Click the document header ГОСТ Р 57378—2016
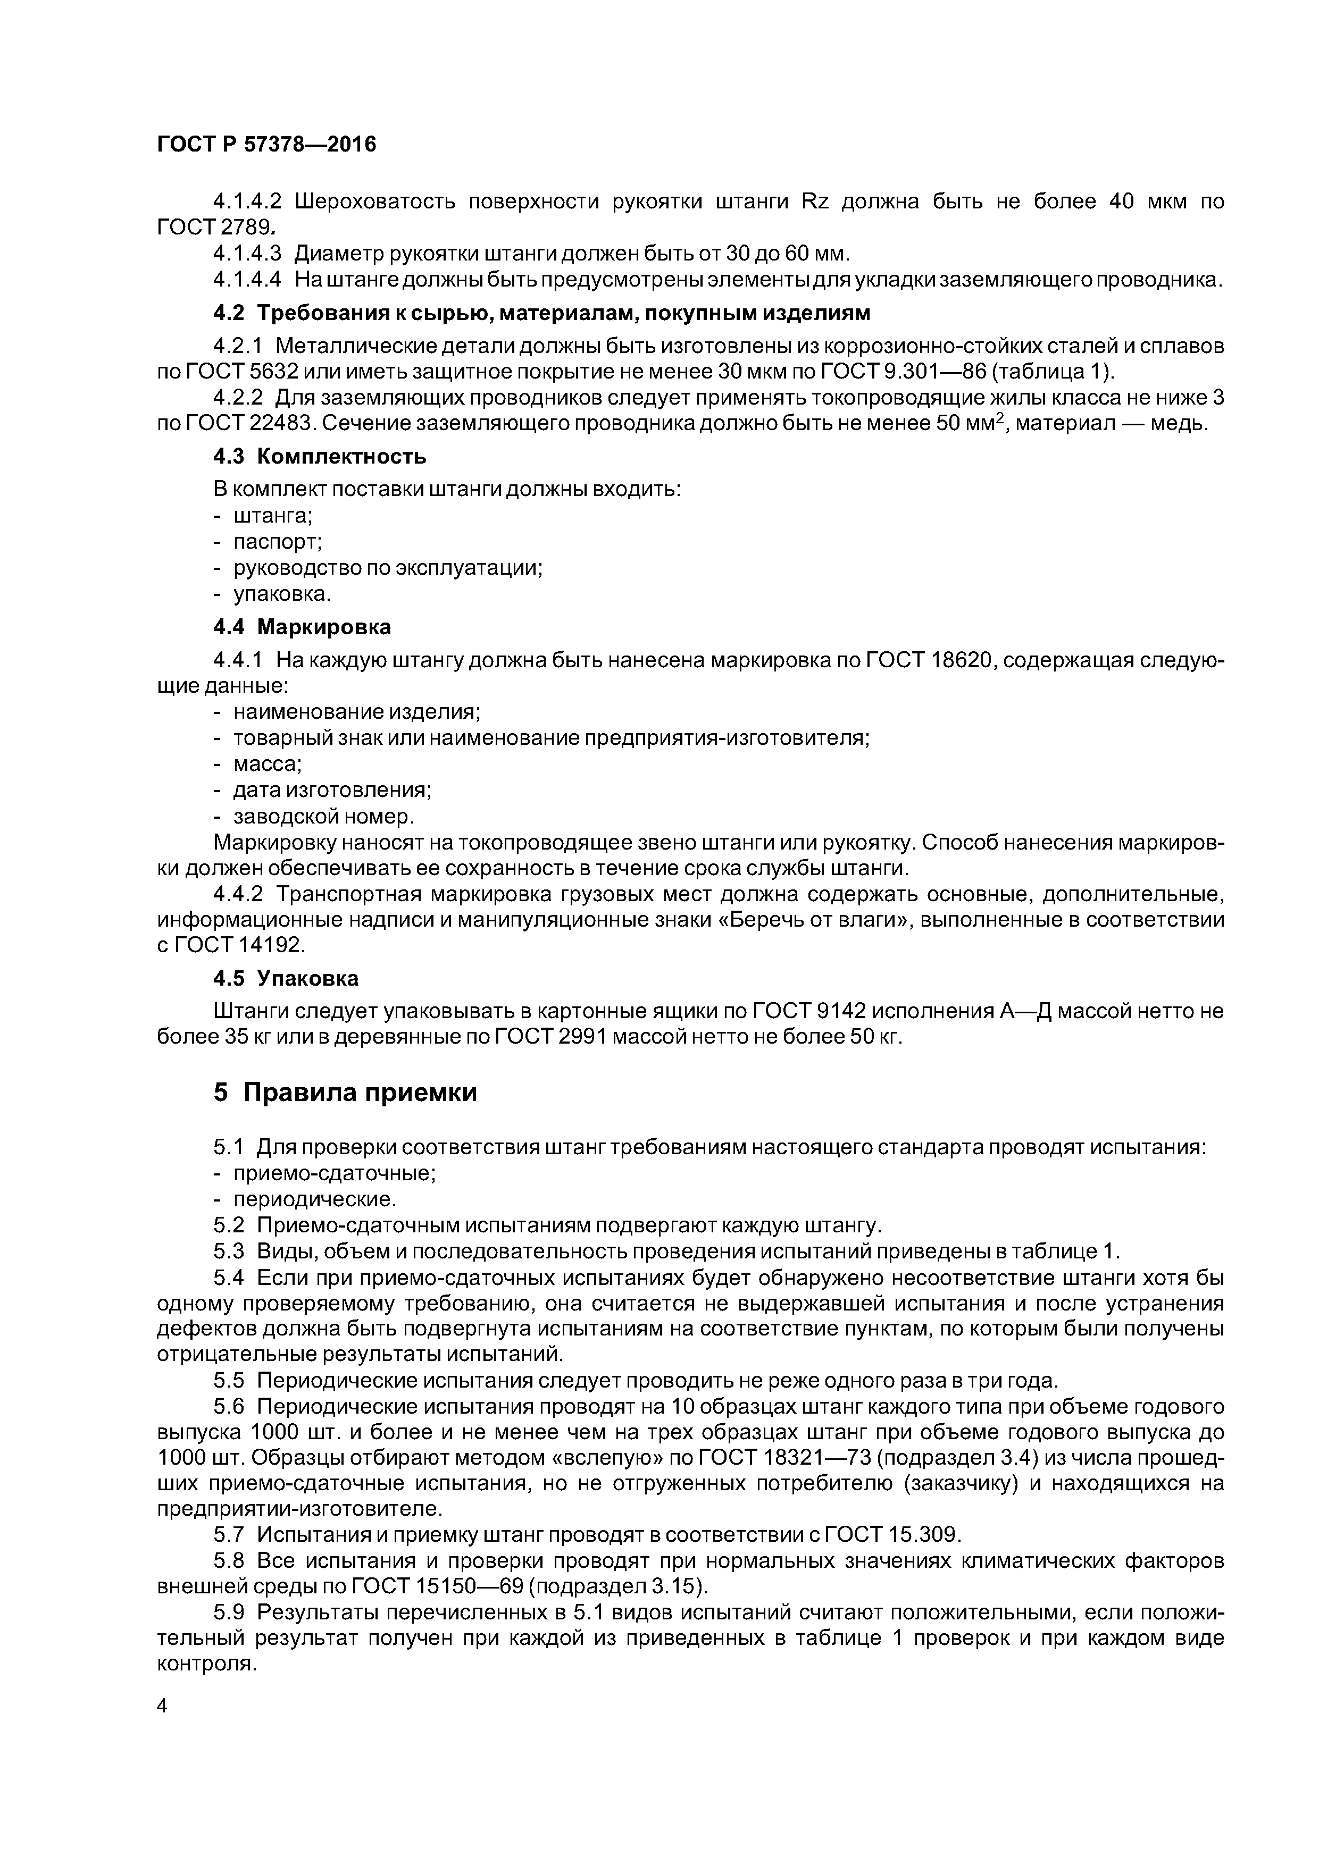point(266,145)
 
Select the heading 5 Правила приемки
point(345,1093)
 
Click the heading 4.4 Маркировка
point(302,627)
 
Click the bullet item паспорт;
point(278,542)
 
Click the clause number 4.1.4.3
point(247,254)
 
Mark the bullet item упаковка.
point(282,594)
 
